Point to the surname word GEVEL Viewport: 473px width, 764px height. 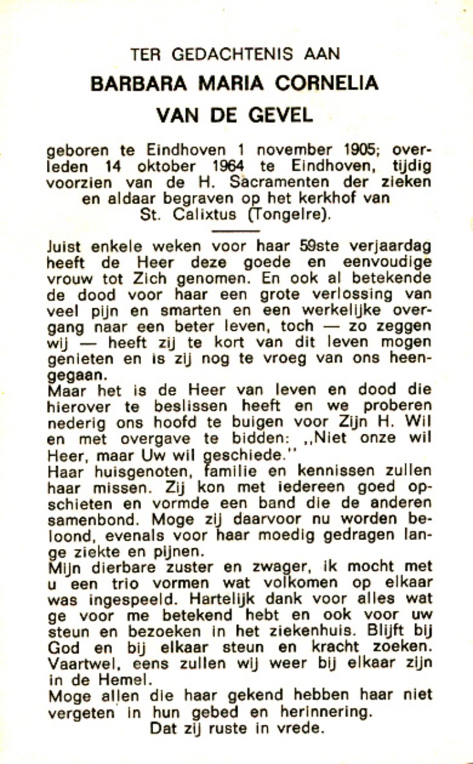281,116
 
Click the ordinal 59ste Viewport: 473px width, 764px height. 310,246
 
